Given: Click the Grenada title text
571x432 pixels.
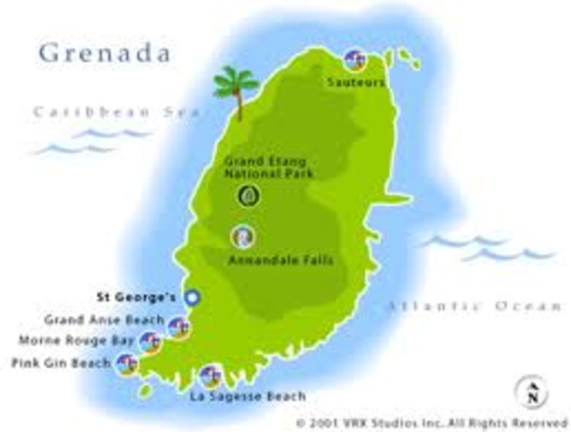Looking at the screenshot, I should [104, 52].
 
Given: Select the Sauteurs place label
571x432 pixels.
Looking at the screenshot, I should [356, 82].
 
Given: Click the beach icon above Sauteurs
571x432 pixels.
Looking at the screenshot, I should [356, 60].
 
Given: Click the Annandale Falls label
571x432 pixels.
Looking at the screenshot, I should [269, 261].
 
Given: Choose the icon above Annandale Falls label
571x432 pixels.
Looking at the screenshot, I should [242, 237].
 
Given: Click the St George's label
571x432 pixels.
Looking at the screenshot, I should [137, 295].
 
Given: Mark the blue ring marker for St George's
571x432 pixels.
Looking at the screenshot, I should [191, 297].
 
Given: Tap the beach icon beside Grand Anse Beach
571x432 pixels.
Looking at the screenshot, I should [179, 328].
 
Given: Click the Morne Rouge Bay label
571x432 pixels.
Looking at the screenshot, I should [76, 341].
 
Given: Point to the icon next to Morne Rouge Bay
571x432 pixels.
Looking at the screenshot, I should [150, 343].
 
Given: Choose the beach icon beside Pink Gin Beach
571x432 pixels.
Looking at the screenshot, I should [128, 364].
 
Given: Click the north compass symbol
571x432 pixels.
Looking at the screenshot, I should [532, 391].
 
